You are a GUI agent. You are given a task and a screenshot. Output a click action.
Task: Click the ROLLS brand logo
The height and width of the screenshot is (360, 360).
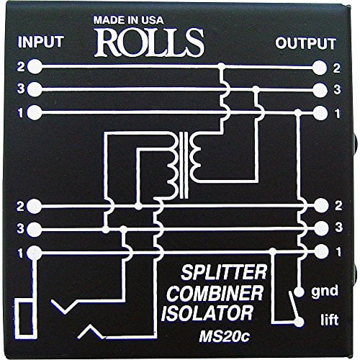pos(179,41)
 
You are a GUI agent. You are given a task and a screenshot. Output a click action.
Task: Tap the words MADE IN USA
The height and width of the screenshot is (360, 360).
pos(179,19)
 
